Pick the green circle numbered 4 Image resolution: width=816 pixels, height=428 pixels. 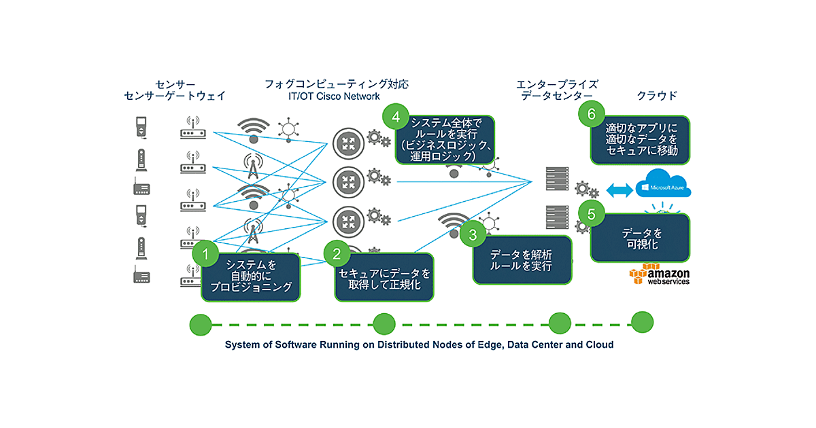(396, 117)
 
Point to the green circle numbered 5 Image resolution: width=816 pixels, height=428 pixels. (590, 213)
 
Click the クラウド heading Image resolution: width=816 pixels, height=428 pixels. (657, 96)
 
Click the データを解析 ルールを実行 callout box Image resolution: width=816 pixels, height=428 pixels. (522, 261)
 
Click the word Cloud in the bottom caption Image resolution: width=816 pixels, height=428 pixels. (598, 344)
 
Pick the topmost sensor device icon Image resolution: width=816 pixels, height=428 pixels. (141, 128)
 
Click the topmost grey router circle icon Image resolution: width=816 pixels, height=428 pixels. (349, 143)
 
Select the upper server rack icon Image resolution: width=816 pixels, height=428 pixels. (557, 179)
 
